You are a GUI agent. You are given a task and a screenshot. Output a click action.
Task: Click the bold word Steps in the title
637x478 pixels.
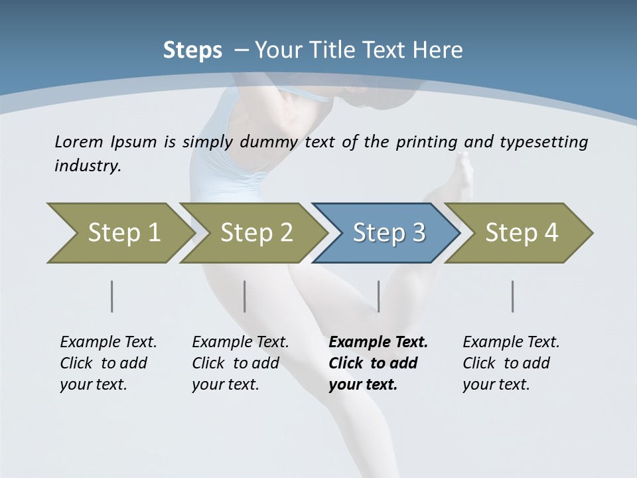coord(192,50)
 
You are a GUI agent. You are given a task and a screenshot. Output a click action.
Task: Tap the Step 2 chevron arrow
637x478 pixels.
coord(253,233)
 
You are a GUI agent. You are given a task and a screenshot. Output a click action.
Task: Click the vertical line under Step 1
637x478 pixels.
coord(112,296)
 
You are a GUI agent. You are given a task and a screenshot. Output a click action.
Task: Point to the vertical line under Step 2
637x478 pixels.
coord(245,296)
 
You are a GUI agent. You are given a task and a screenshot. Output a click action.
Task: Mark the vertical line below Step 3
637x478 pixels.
coord(379,296)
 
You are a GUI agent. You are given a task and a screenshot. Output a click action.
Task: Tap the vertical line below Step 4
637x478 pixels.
coord(513,296)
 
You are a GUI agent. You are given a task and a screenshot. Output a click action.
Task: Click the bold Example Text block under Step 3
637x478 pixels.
coord(378,363)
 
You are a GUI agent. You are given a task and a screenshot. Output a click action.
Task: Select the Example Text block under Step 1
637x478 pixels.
coord(108,363)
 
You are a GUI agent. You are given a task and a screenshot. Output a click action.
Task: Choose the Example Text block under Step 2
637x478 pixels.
coord(240,363)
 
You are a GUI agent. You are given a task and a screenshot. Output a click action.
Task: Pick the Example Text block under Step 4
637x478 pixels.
coord(511,363)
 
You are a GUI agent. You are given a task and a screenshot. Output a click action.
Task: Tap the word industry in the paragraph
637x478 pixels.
coord(88,166)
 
